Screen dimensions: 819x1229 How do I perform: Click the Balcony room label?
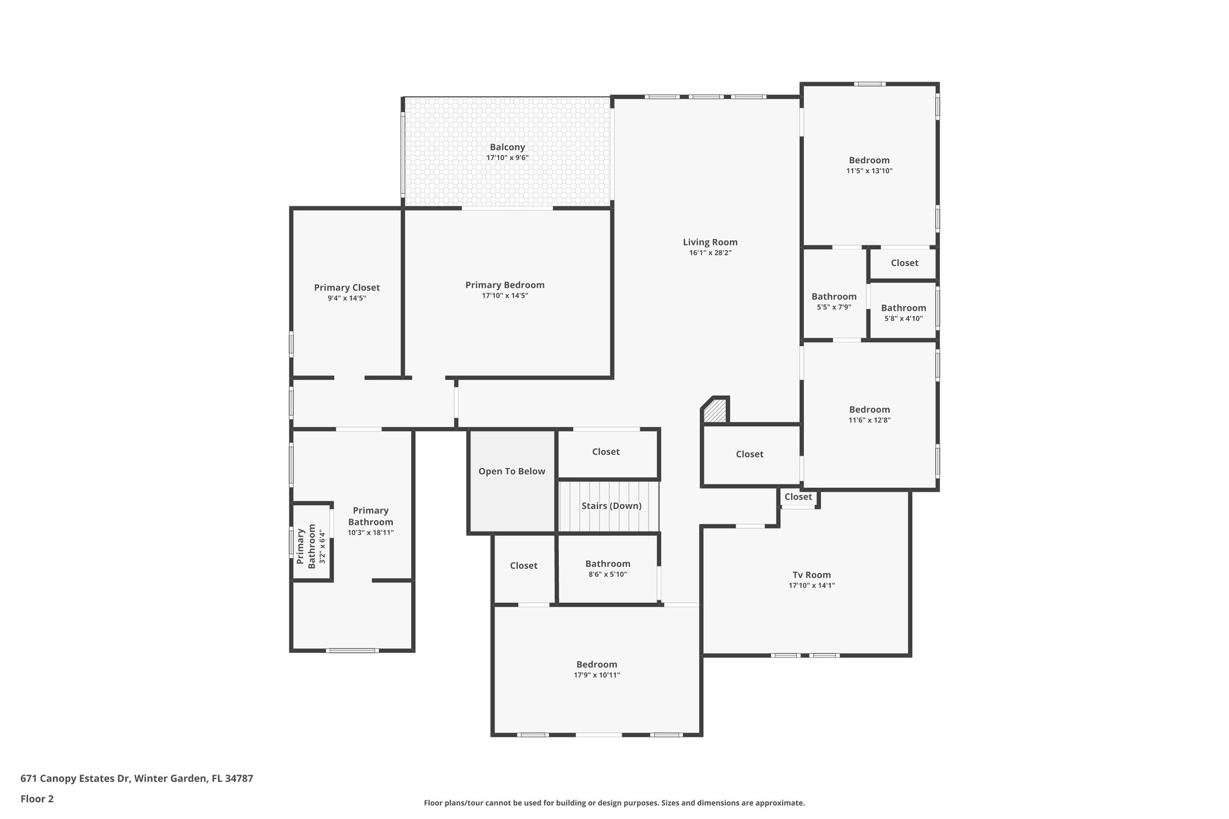[x=507, y=147]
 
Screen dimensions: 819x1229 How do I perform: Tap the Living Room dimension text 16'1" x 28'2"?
[x=710, y=253]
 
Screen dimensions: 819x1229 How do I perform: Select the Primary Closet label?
[x=347, y=287]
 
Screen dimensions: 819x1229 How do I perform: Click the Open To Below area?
[x=511, y=472]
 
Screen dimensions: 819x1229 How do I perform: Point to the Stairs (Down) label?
[x=611, y=506]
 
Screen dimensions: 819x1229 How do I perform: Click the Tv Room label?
[x=811, y=575]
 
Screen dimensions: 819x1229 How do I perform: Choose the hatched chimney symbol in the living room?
[x=716, y=411]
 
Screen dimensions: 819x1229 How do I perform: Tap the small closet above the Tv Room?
[x=798, y=497]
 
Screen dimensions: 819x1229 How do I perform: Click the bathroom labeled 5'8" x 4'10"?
[x=903, y=313]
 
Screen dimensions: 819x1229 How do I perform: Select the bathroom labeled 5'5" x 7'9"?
[x=834, y=301]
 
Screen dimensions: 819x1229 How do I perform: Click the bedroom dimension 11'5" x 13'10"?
[x=869, y=171]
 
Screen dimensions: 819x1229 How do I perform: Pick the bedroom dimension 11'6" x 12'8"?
[x=869, y=421]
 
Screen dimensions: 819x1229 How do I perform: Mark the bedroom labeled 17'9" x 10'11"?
[x=596, y=669]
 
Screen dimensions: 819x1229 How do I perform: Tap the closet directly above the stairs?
[x=605, y=452]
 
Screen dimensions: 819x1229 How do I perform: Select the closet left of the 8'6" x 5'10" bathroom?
[x=523, y=566]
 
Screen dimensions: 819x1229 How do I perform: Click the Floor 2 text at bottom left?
[x=37, y=799]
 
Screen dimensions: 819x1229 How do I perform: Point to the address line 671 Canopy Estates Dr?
[x=136, y=779]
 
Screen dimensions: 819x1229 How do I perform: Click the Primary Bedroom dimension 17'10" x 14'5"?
[x=505, y=296]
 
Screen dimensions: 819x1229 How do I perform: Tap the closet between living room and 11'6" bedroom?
[x=750, y=454]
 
